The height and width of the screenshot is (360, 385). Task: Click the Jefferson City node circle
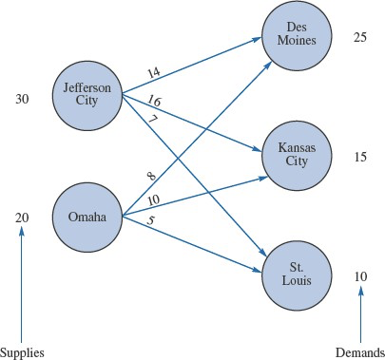pyautogui.click(x=88, y=96)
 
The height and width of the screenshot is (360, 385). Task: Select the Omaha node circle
pyautogui.click(x=87, y=218)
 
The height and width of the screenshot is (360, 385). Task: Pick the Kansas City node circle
pyautogui.click(x=296, y=154)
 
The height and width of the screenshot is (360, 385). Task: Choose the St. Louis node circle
pyautogui.click(x=296, y=275)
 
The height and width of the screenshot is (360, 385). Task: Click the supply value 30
pyautogui.click(x=23, y=97)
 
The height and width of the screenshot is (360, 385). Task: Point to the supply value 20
pyautogui.click(x=23, y=218)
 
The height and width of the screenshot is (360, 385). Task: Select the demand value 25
pyautogui.click(x=358, y=38)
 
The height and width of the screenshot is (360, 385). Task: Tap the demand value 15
pyautogui.click(x=358, y=155)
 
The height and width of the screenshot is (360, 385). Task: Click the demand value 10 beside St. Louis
pyautogui.click(x=358, y=276)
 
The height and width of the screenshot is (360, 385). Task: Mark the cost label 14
pyautogui.click(x=155, y=71)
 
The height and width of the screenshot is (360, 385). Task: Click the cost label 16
pyautogui.click(x=155, y=101)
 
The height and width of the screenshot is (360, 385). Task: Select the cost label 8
pyautogui.click(x=151, y=175)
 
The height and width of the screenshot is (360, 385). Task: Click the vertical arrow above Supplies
pyautogui.click(x=22, y=285)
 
